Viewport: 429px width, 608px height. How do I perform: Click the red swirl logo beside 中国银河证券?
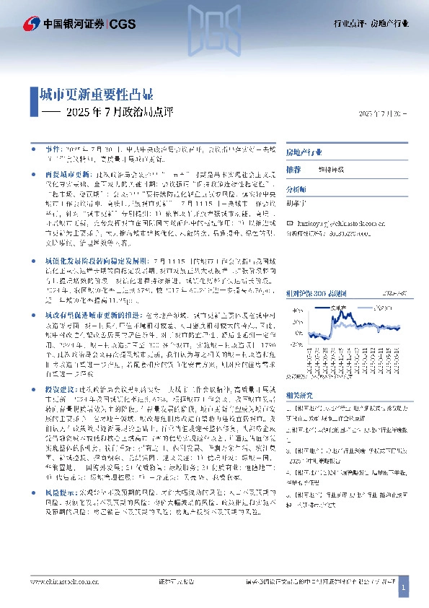coord(30,24)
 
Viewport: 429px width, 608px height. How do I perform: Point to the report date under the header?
coord(382,114)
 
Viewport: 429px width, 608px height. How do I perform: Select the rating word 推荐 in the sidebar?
coord(293,168)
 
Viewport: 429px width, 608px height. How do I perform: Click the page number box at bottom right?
coord(404,590)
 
